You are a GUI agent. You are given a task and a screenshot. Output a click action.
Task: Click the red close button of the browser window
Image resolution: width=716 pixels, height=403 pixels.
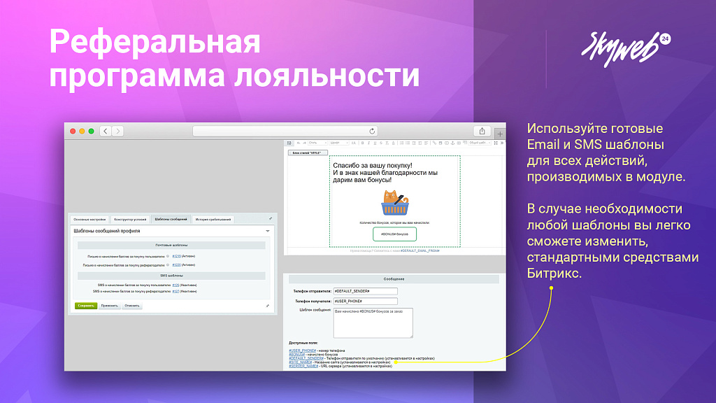click(71, 131)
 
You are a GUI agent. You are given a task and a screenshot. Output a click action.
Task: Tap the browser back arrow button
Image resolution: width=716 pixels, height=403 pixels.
click(105, 131)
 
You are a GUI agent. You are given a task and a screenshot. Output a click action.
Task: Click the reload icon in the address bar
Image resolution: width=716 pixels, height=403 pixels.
click(372, 131)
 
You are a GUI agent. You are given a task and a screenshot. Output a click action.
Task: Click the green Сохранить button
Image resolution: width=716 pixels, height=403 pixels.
click(86, 306)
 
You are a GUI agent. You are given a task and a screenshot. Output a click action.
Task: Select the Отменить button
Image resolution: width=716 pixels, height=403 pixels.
click(132, 306)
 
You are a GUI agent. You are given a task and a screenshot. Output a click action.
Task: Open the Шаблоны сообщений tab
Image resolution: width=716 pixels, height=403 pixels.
click(171, 219)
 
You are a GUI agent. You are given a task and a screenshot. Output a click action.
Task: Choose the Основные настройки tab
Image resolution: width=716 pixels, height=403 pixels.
click(89, 219)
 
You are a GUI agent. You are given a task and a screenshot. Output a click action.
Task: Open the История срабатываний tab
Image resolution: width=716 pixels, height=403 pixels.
click(213, 219)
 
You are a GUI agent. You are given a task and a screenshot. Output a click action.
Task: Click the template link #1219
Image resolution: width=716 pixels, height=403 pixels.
click(176, 257)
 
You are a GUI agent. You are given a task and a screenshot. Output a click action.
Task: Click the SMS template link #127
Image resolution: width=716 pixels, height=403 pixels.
click(176, 291)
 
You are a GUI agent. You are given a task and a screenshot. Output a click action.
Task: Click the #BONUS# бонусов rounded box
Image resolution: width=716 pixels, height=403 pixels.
click(394, 234)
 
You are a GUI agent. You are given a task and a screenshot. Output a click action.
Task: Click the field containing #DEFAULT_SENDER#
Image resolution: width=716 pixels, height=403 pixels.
click(365, 291)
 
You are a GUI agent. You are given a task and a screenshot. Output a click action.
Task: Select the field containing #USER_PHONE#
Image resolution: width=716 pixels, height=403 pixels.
click(365, 301)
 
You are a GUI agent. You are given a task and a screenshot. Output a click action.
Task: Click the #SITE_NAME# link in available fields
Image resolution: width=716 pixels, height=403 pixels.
click(299, 362)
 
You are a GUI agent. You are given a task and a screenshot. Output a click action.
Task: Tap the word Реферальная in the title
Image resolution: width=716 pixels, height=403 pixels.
click(155, 43)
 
